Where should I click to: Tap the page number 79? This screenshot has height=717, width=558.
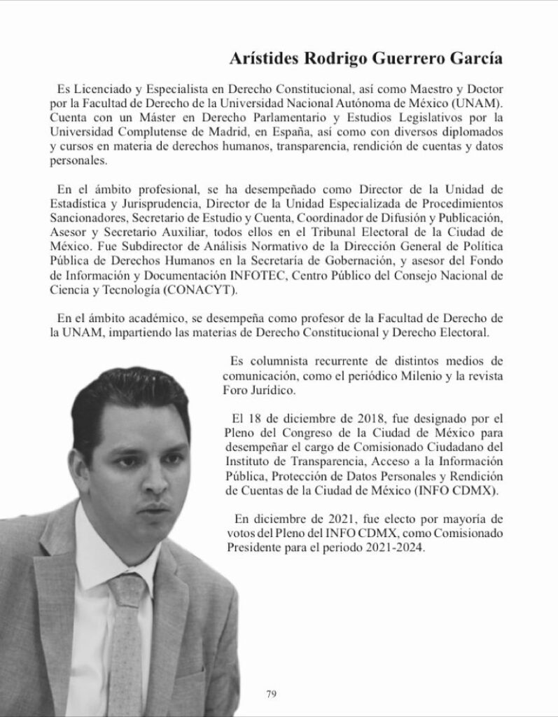click(272, 694)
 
